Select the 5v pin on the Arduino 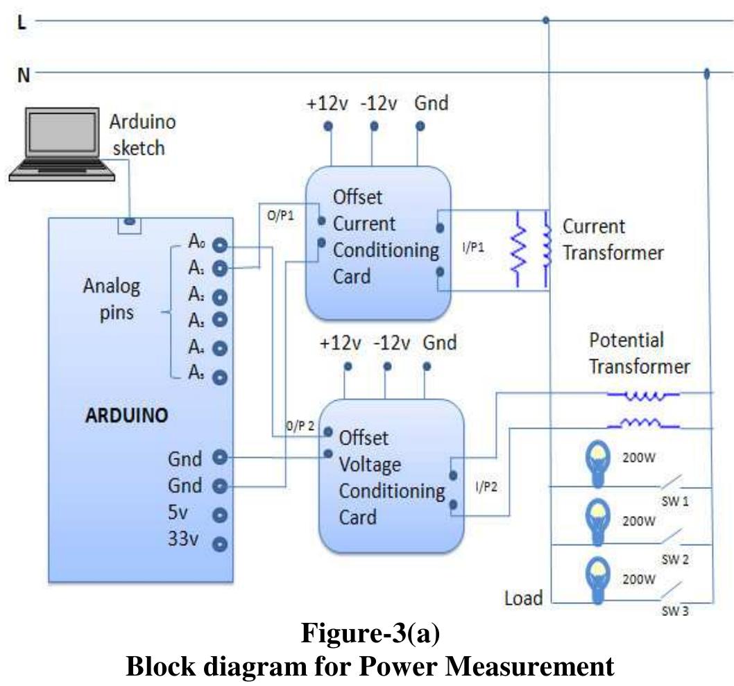[x=220, y=515]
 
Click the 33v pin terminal [x=220, y=544]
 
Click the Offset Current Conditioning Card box [x=378, y=243]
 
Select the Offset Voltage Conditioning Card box [x=391, y=475]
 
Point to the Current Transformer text [x=612, y=239]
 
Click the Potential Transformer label [x=639, y=353]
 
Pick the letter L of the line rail [x=22, y=22]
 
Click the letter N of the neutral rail [x=24, y=74]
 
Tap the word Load [x=523, y=597]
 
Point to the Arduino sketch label [x=142, y=135]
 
